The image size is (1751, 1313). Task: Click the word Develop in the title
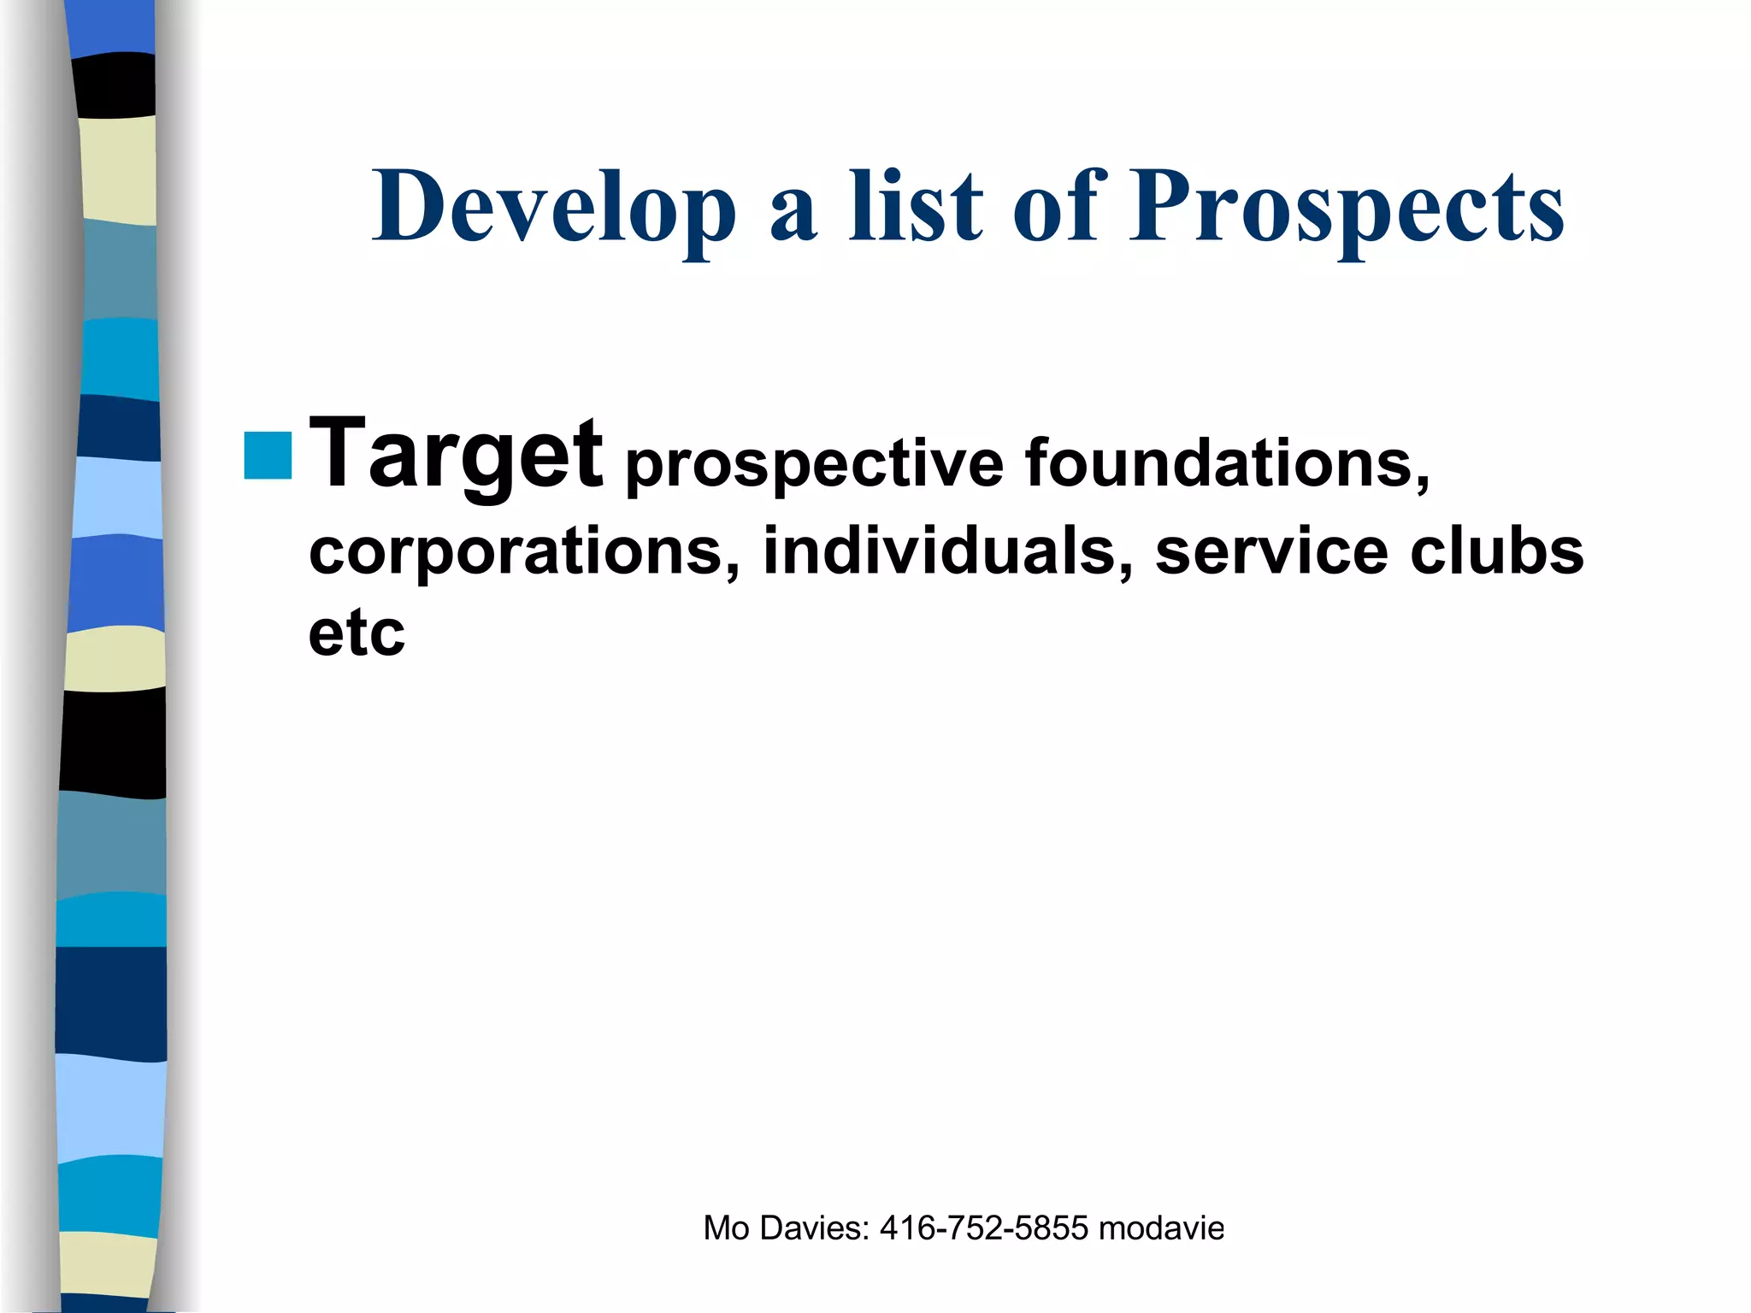coord(553,208)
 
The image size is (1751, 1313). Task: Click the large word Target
coord(456,456)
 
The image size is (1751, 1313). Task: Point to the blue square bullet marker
coord(268,456)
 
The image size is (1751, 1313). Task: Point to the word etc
coord(357,633)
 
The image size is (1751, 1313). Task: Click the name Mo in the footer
coord(726,1228)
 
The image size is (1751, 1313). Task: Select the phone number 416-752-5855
coord(984,1228)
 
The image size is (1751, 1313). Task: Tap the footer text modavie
coord(1161,1228)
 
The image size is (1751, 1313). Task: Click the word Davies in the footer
coord(813,1228)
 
